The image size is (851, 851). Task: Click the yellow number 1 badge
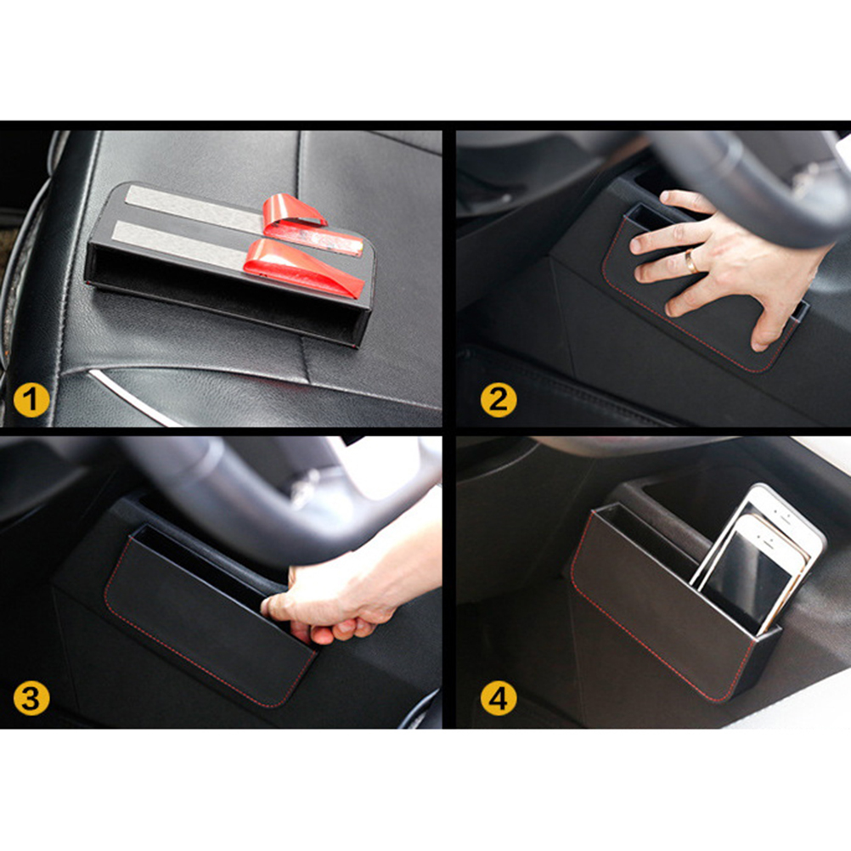click(x=31, y=401)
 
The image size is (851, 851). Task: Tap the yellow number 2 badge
click(x=499, y=401)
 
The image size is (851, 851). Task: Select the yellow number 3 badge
click(x=31, y=698)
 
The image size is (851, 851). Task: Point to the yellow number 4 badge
click(x=499, y=698)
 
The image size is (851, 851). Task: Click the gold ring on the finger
click(x=690, y=261)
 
